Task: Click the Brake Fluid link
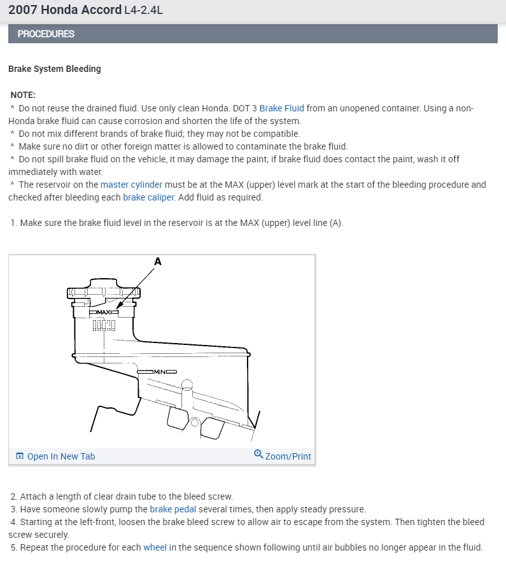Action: tap(282, 108)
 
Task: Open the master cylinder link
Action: tap(131, 185)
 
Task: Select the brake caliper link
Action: tap(148, 197)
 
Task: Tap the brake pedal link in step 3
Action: tap(172, 509)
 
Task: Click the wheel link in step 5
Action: tap(155, 547)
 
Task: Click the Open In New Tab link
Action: tap(61, 456)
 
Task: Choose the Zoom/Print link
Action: tap(288, 456)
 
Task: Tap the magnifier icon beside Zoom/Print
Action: tap(258, 454)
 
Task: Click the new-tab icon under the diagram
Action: tap(20, 456)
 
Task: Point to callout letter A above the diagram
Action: tap(158, 262)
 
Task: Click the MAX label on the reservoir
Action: tap(104, 312)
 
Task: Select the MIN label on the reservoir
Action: tap(160, 372)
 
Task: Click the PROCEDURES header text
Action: tap(46, 34)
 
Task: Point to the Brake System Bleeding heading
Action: tap(55, 69)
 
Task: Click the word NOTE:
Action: tap(23, 95)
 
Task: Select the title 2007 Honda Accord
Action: tap(65, 10)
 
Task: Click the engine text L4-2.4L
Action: tap(143, 10)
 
